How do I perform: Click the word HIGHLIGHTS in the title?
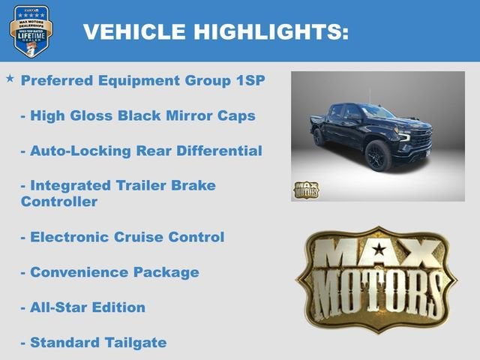click(271, 31)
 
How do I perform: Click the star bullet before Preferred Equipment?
click(10, 78)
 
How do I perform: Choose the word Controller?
click(59, 201)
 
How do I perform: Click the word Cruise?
click(139, 236)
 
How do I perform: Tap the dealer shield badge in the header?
click(31, 31)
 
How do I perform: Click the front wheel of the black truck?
click(378, 156)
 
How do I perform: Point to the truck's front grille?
click(421, 139)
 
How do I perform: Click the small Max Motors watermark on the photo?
click(305, 190)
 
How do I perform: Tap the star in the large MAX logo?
click(378, 249)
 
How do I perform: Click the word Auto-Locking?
click(78, 151)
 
